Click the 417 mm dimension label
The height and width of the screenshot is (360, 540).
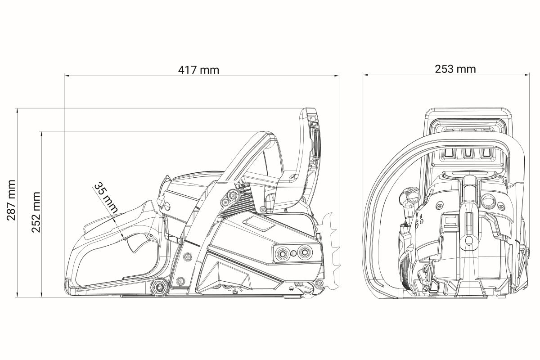198,70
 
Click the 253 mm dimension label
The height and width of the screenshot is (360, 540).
455,69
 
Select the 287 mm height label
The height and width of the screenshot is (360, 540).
11,200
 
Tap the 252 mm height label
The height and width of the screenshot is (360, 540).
36,212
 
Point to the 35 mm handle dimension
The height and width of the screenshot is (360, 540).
106,198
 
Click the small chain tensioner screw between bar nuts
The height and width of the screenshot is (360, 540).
293,253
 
